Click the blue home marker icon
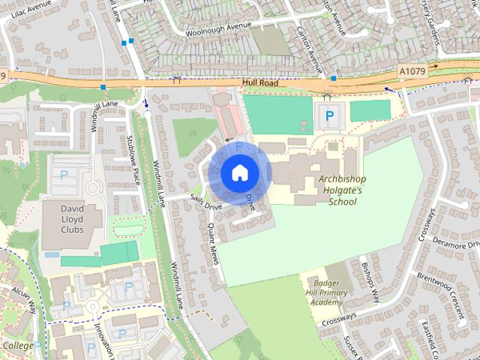tap(238, 173)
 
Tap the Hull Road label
tap(261, 83)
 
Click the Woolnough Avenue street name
tap(217, 28)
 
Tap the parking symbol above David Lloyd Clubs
tap(64, 174)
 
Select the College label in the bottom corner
tap(18, 345)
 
